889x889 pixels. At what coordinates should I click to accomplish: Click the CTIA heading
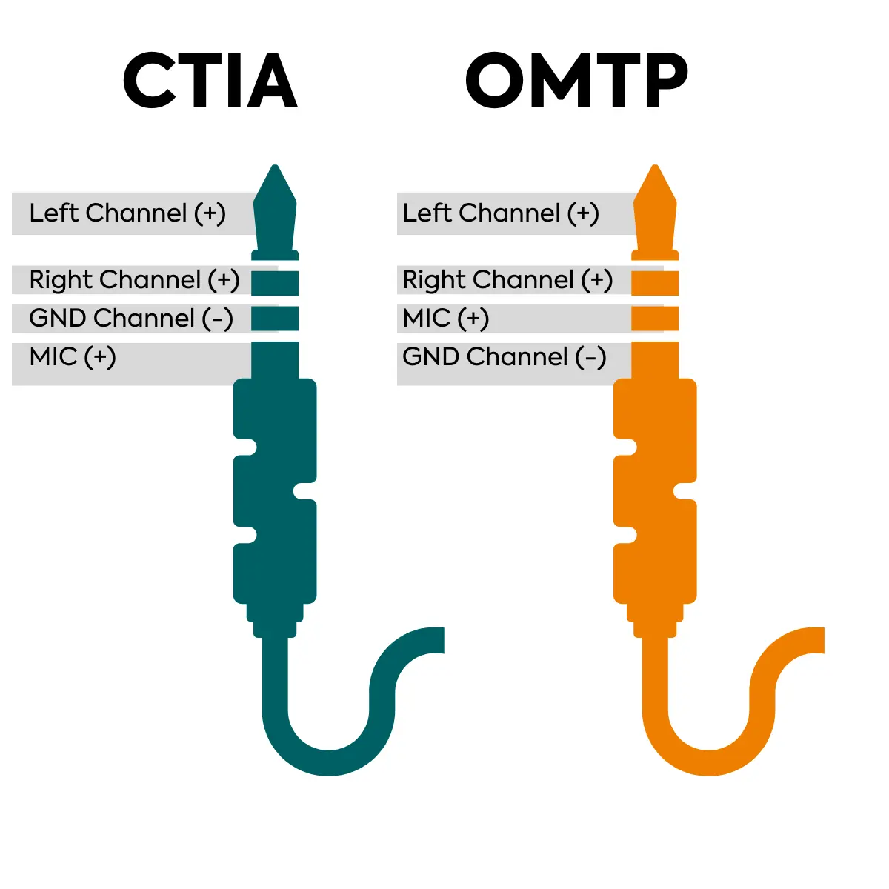210,80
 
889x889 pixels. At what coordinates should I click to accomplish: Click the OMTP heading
576,80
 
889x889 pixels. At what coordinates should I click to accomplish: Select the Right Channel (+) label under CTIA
134,280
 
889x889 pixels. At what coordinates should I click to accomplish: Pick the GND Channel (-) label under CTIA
131,319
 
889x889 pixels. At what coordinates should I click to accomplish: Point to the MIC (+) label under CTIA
73,357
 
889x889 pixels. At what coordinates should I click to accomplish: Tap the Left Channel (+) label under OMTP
501,213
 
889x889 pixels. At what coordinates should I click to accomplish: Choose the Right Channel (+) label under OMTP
507,280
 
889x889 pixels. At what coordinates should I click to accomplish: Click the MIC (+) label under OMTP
446,319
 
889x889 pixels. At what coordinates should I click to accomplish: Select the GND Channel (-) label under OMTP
505,357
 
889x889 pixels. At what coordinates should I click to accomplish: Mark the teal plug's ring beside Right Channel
275,282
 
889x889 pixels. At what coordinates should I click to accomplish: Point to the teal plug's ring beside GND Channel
275,318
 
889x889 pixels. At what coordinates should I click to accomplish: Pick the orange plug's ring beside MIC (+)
655,318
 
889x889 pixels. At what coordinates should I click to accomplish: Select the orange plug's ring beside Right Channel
655,282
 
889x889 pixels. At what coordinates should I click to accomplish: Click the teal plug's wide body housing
275,489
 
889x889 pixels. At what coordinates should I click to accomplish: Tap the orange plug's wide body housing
655,489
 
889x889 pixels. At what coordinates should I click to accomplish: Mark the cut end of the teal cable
437,641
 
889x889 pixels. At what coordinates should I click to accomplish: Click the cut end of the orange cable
818,641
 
